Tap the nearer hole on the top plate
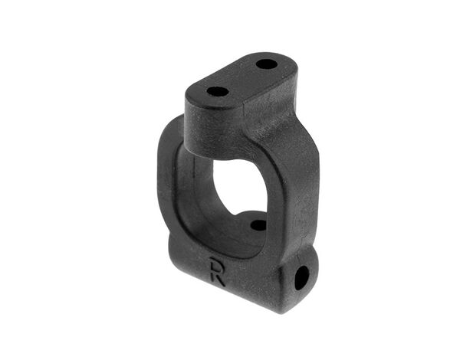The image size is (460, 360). tap(218, 92)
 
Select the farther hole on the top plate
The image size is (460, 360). tap(266, 64)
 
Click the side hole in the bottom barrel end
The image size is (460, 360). tap(301, 278)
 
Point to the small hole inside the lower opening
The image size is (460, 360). tap(258, 225)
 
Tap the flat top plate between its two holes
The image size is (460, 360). tap(242, 77)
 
